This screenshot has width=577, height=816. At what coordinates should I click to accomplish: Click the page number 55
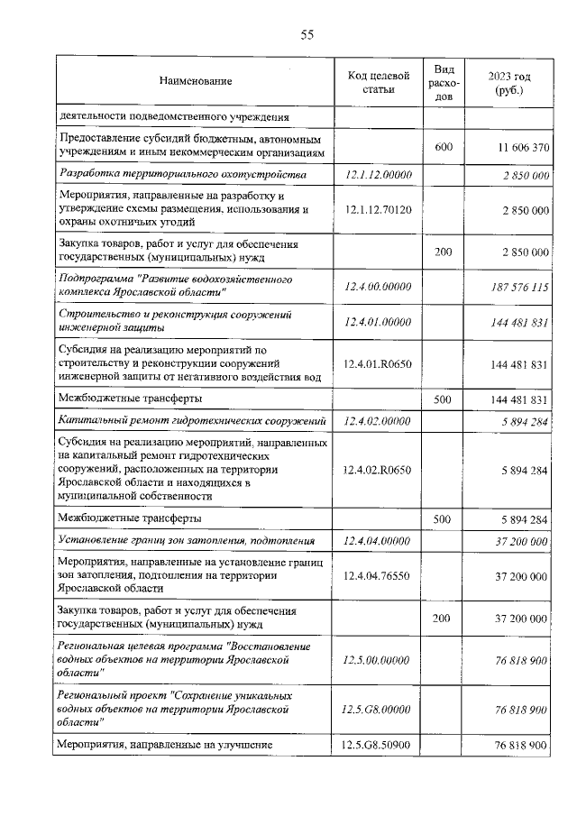[x=307, y=35]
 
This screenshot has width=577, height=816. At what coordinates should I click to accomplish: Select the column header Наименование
[x=196, y=82]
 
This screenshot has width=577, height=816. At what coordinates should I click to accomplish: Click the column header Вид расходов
[x=444, y=82]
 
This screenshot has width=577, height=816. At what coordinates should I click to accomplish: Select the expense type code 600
[x=444, y=146]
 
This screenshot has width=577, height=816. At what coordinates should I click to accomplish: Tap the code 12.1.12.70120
[x=379, y=209]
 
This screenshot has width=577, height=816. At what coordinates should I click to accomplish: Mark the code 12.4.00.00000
[x=379, y=287]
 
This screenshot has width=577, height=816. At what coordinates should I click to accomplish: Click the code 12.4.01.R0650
[x=379, y=365]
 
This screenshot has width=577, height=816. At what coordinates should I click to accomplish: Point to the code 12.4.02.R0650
[x=379, y=470]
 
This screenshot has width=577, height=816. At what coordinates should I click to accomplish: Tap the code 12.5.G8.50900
[x=379, y=746]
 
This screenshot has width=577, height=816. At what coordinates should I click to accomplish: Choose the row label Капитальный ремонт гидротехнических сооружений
[x=191, y=421]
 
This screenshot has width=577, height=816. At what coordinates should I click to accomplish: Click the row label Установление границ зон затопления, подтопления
[x=190, y=541]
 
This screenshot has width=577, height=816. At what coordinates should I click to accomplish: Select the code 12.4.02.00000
[x=379, y=421]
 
